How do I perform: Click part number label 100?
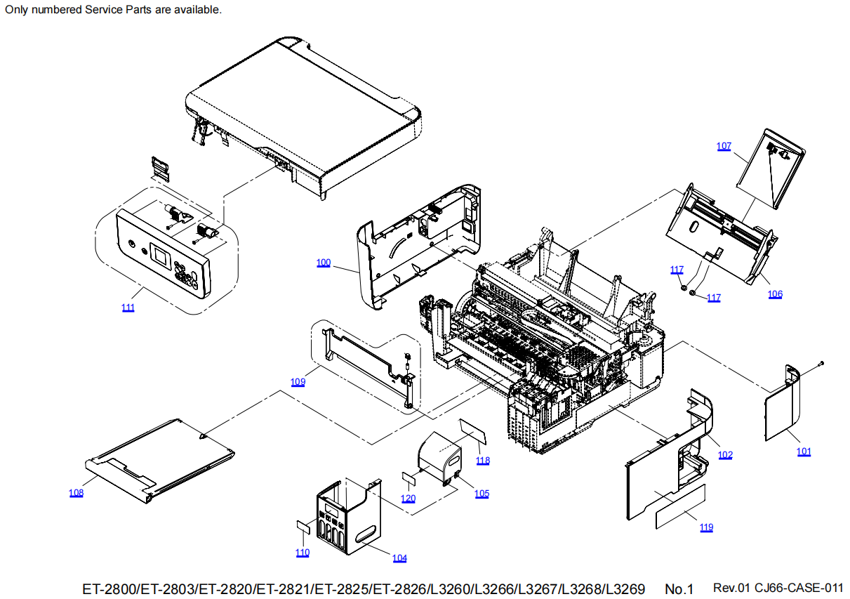(x=323, y=263)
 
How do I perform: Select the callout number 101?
(x=804, y=452)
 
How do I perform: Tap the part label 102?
(x=725, y=455)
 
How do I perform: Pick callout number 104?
(x=399, y=558)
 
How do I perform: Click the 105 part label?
(x=482, y=494)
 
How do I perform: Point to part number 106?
(x=775, y=294)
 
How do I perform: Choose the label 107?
(x=724, y=146)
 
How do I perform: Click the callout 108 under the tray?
(x=76, y=493)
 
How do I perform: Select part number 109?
(x=298, y=382)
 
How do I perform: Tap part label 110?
(x=302, y=553)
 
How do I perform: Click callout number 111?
(x=128, y=308)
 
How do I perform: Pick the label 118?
(x=483, y=461)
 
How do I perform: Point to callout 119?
(x=706, y=527)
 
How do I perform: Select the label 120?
(x=408, y=499)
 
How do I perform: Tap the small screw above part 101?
(x=821, y=363)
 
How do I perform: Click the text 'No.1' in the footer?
(x=679, y=588)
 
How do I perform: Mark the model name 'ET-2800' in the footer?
(x=109, y=588)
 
